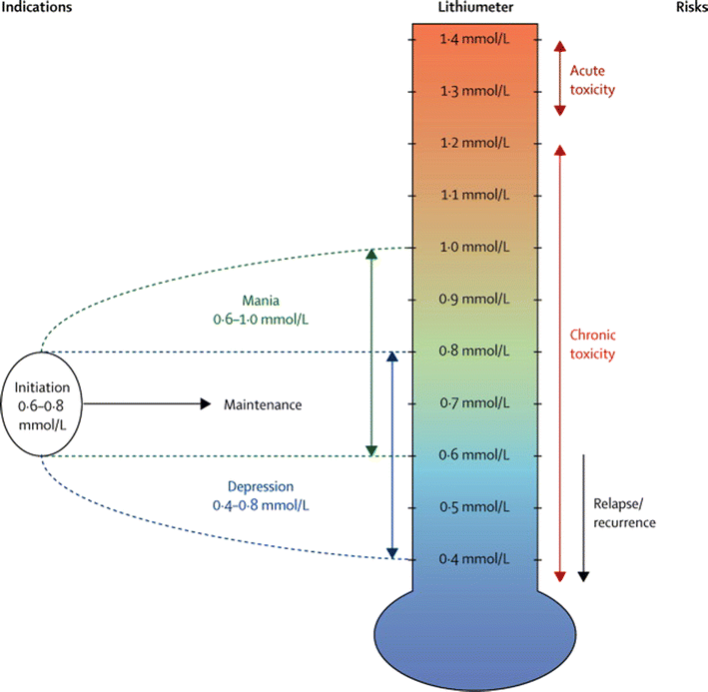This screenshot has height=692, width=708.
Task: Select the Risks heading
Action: click(688, 8)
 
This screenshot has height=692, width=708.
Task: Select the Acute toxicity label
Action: click(592, 80)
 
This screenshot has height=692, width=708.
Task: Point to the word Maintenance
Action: click(263, 404)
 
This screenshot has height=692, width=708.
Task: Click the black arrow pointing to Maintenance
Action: click(150, 404)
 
